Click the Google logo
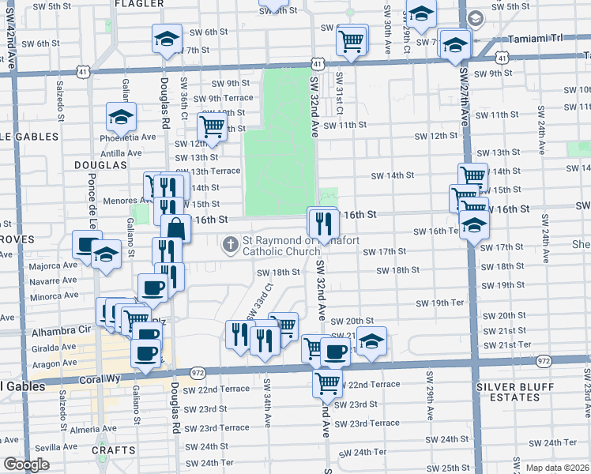[x=26, y=464]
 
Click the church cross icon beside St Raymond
[x=231, y=243]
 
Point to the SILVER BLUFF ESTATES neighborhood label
[x=517, y=393]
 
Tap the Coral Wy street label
[x=97, y=378]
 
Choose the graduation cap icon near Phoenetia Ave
[x=121, y=117]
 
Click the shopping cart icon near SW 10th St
[x=213, y=125]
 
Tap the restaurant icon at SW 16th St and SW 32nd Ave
[x=322, y=220]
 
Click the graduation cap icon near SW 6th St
[x=168, y=38]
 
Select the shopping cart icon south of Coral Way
[x=327, y=382]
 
